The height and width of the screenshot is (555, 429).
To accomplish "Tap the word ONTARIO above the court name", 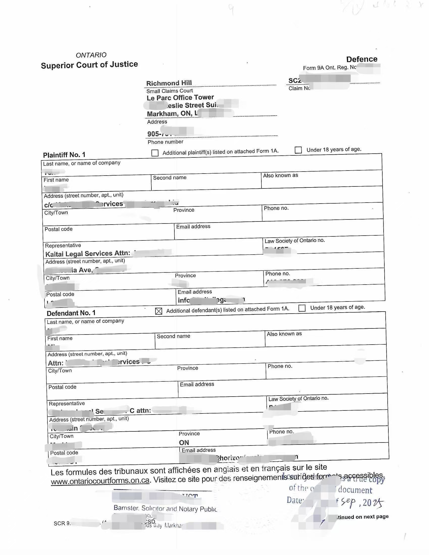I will point(91,55).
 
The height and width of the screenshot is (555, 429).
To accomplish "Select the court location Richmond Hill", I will point(169,83).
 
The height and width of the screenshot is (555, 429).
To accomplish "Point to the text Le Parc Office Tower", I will point(180,98).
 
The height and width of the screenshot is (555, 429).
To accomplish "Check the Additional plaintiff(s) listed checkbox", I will point(155,153).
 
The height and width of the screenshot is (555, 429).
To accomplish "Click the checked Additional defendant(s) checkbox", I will point(158,311).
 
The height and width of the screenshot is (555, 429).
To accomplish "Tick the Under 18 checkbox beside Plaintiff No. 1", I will point(298,150).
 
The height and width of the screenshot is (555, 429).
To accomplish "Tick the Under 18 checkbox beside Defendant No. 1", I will point(302,308).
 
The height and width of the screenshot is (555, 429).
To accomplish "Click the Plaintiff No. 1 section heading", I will point(64,155).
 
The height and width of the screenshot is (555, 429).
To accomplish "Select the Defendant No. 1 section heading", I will point(71,313).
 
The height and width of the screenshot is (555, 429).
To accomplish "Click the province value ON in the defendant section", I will point(184,442).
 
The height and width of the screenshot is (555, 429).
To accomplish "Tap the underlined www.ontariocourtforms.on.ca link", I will point(100,481).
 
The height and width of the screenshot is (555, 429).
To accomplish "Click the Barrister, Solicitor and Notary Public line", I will point(165,509).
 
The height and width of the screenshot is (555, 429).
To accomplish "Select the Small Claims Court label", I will point(170,91).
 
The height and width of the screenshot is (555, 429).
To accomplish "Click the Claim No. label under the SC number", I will point(299,88).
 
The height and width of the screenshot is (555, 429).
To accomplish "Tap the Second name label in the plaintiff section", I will point(170,178).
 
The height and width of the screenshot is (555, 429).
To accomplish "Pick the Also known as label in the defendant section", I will point(284,334).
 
